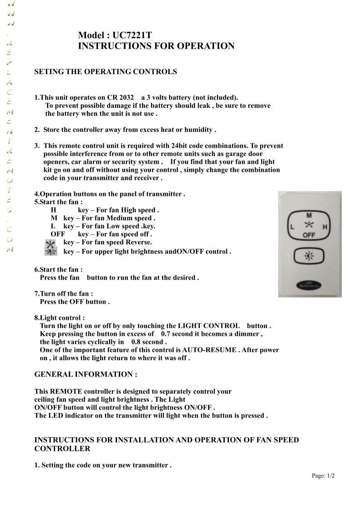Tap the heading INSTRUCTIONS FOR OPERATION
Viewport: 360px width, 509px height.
coord(156,46)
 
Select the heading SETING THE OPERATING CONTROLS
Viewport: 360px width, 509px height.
coord(106,72)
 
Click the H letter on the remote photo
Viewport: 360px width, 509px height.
coord(325,227)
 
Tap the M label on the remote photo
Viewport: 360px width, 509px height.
coord(309,215)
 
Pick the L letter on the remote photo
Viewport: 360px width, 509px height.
coord(292,227)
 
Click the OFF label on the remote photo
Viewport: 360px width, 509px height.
coord(309,235)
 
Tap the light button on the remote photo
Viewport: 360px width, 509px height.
coord(309,256)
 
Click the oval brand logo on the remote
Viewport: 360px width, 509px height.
coord(309,285)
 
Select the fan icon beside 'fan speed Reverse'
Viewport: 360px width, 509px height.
coord(50,243)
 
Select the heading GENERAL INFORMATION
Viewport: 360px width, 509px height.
coord(86,374)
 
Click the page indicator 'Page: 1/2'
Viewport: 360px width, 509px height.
coord(323,476)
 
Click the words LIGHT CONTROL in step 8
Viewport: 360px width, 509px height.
coord(208,326)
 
